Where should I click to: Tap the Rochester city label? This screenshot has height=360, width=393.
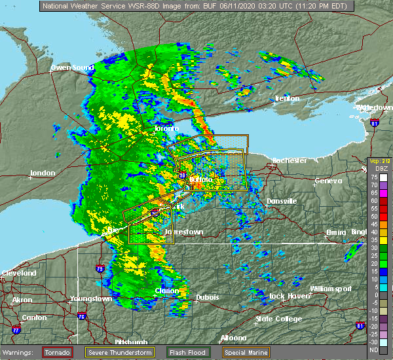point(289,160)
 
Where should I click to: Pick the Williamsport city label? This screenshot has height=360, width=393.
point(331,288)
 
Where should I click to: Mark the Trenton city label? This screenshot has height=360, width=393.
point(286,98)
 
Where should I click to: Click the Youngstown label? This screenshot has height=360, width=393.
point(91,299)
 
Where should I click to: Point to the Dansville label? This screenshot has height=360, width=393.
point(282,201)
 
